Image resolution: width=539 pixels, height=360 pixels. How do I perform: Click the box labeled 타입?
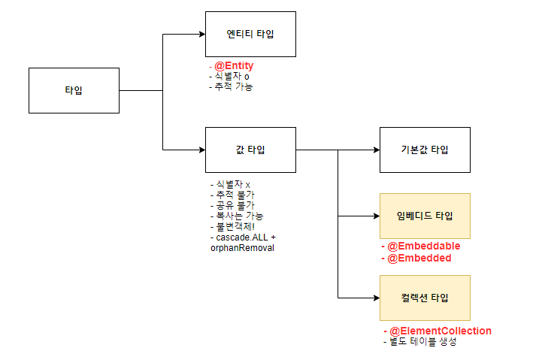coord(74,90)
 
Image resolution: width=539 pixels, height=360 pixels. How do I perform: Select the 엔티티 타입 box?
coord(250,34)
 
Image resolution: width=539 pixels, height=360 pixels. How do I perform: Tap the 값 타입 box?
coord(250,150)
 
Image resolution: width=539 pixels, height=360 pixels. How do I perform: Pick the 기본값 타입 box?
coord(425,150)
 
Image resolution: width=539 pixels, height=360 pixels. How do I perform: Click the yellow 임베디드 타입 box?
coord(425,216)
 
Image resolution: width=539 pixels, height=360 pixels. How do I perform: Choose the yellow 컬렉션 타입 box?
coord(425,298)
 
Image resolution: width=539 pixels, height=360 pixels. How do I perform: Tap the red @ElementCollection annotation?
coord(439,331)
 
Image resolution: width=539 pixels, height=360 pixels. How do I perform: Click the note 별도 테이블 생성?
coord(422,342)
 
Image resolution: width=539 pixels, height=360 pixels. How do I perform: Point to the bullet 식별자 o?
coord(234,77)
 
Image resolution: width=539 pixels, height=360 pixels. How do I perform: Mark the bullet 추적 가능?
coord(233,86)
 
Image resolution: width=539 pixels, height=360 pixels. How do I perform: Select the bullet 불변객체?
coord(236,226)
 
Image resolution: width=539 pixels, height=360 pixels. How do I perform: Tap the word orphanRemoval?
coord(242,247)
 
